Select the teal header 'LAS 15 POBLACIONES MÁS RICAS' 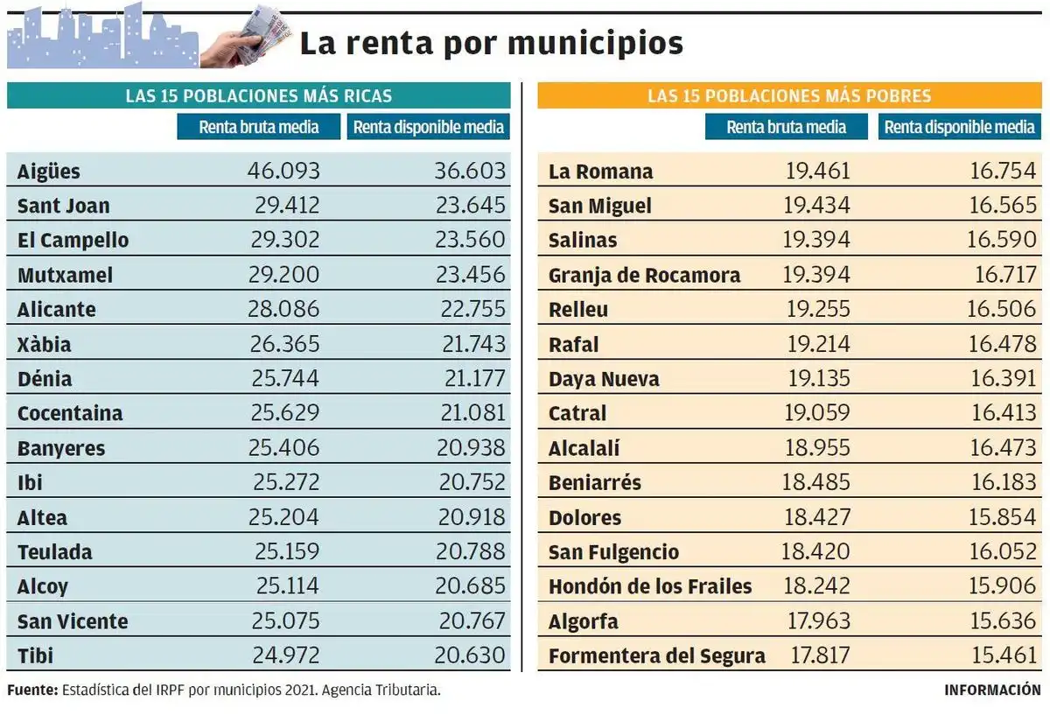258,95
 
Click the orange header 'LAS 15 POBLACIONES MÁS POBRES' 789,95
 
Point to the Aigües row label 48,172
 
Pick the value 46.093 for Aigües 283,171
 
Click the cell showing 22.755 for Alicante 470,309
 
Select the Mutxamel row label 65,275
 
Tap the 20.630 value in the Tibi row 470,655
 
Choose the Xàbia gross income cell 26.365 283,344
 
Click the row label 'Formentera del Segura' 656,655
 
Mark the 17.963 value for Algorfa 816,621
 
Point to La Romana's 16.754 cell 1002,171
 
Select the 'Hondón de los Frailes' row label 649,586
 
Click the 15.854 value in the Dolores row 1002,517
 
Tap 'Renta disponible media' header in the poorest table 959,127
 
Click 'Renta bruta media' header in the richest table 258,127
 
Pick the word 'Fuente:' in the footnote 32,690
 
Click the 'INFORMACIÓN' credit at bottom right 992,690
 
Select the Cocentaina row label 70,413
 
